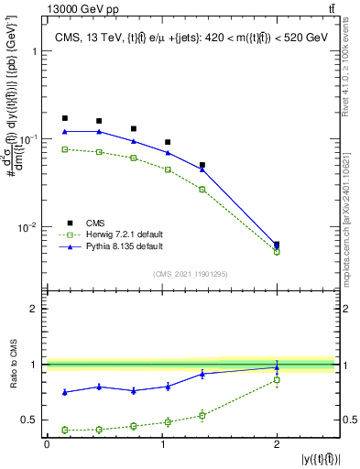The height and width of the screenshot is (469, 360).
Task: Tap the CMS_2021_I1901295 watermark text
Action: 190,273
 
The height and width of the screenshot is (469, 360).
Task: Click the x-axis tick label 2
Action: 277,444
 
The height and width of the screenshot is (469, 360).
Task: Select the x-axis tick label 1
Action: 162,444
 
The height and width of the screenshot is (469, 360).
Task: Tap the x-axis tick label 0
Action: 48,444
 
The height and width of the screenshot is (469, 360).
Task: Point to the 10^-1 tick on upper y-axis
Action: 27,138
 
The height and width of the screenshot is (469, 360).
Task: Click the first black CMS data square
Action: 64,118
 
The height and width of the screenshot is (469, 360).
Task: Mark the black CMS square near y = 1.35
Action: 202,166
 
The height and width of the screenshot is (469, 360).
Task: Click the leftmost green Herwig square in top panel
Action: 64,149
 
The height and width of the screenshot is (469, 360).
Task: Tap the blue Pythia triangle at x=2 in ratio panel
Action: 277,367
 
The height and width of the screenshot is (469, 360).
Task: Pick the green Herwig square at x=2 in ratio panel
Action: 277,380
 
